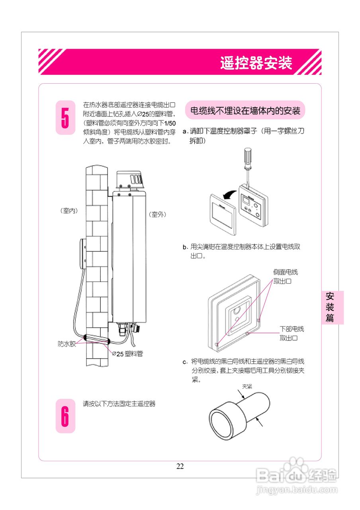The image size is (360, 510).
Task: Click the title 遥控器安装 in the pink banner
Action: pos(256,63)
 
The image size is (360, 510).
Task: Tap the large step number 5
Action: pos(65,118)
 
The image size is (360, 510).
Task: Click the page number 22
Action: pos(180,467)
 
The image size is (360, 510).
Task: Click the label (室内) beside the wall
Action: pos(69,211)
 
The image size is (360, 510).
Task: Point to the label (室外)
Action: pos(157,214)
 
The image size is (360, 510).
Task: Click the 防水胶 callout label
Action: pos(67,344)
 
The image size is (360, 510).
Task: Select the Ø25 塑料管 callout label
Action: pos(127,353)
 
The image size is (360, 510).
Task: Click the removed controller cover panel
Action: pos(223,214)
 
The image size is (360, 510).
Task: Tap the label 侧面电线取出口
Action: pos(286,277)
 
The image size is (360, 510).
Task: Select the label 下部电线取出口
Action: pos(292,333)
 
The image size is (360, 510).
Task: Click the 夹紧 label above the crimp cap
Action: pos(247,386)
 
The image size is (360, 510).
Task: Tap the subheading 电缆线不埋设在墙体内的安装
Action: pos(245,110)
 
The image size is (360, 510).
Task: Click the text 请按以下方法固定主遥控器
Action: pos(119,404)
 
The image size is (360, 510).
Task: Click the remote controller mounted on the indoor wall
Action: pos(82,254)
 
